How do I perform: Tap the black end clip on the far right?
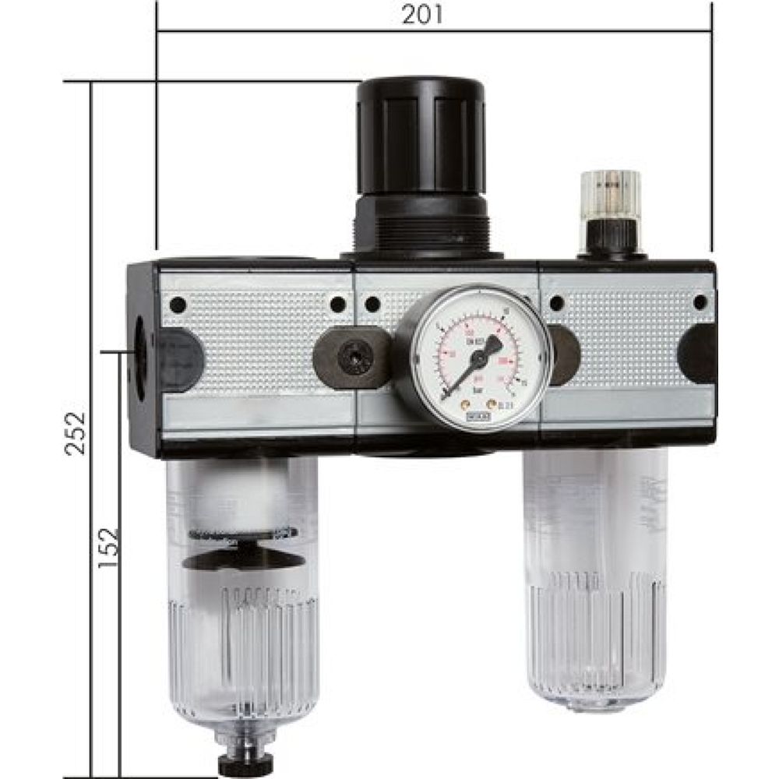(698, 354)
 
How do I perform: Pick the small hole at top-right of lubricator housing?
(699, 302)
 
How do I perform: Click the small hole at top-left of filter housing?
(178, 304)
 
